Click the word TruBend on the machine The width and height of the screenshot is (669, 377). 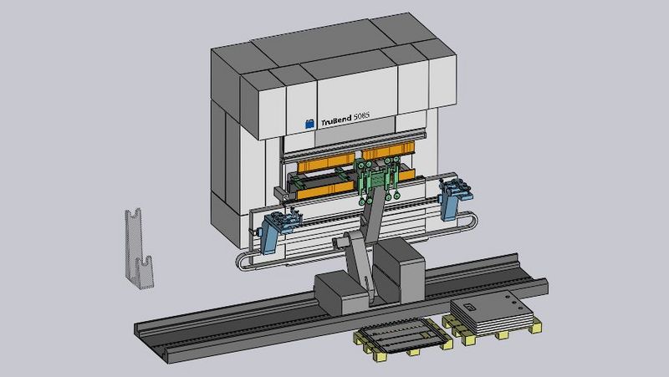coord(336,120)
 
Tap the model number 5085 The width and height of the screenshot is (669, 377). coord(361,116)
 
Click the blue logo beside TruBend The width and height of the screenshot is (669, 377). coord(310,124)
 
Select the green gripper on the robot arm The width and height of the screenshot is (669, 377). coord(379,179)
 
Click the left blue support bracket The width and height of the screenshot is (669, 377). coord(278,230)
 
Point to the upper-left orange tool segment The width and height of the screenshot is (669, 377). coord(326,163)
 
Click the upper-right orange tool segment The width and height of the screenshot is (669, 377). coord(388,150)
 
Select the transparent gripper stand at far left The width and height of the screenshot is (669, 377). coord(139,249)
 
